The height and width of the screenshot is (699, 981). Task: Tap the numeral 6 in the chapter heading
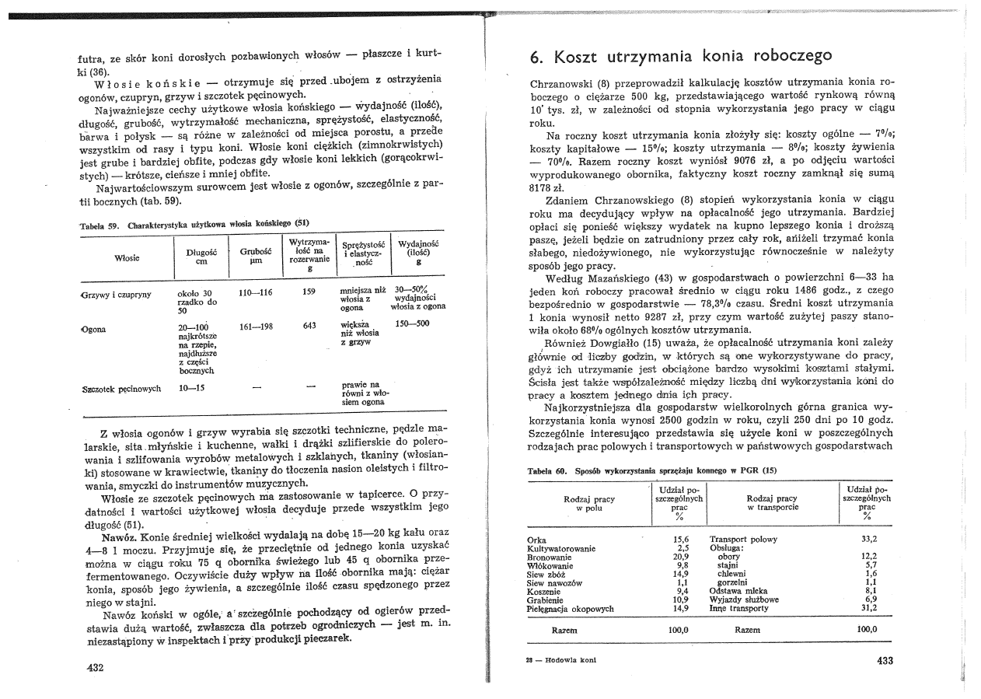[536, 57]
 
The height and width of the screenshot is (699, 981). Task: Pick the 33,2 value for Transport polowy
[869, 539]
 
